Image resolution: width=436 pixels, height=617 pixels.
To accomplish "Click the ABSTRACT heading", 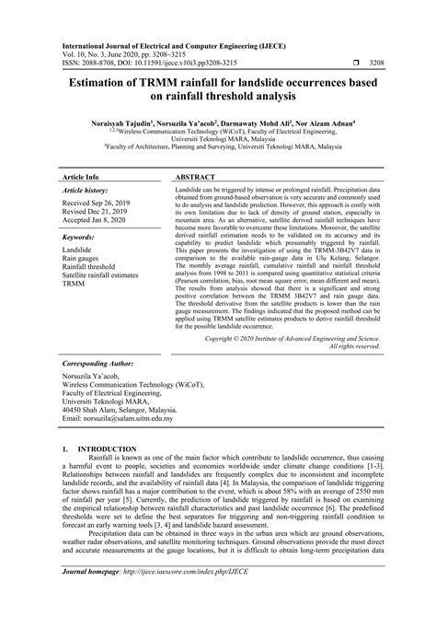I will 195,151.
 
